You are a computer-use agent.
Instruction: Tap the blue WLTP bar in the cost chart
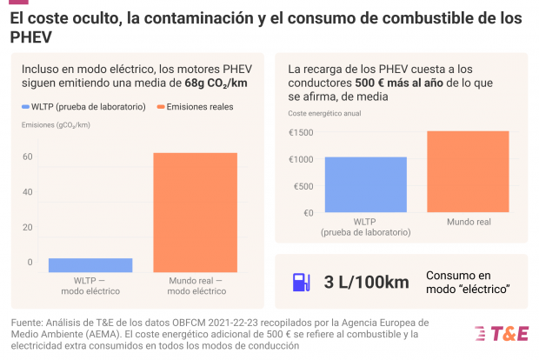pyautogui.click(x=365, y=184)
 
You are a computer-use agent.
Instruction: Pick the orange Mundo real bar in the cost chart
pyautogui.click(x=468, y=171)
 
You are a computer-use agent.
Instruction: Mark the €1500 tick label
pyautogui.click(x=301, y=132)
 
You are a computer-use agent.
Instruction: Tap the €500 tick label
pyautogui.click(x=303, y=186)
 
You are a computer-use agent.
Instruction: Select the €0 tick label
pyautogui.click(x=307, y=213)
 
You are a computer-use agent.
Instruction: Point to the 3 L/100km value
pyautogui.click(x=366, y=283)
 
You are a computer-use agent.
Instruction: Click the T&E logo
pyautogui.click(x=501, y=333)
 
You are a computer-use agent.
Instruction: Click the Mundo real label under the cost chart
pyautogui.click(x=469, y=223)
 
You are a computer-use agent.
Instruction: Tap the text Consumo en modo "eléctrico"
pyautogui.click(x=467, y=282)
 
